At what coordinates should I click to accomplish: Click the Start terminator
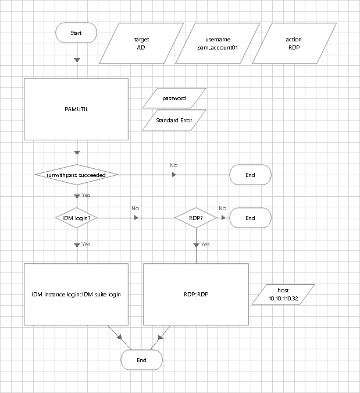76,33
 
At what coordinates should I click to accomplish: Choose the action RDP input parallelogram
293,44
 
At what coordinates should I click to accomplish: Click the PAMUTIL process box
76,109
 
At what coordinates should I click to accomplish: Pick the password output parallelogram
174,98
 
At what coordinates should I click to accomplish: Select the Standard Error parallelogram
174,120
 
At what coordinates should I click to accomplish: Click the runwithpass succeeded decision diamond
76,175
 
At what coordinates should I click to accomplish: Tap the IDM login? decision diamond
76,218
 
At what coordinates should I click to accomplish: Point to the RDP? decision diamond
196,218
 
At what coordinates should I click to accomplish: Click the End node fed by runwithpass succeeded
250,175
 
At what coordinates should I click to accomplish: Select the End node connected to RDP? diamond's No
250,218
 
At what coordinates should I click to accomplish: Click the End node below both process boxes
141,360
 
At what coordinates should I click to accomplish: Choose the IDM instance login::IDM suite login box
76,295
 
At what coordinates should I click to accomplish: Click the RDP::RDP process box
196,295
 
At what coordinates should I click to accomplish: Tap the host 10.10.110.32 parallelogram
283,295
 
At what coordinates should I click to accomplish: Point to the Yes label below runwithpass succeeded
85,195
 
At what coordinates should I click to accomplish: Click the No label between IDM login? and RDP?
135,208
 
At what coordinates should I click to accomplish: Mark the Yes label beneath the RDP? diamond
205,245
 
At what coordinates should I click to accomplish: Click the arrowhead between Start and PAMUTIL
77,59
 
